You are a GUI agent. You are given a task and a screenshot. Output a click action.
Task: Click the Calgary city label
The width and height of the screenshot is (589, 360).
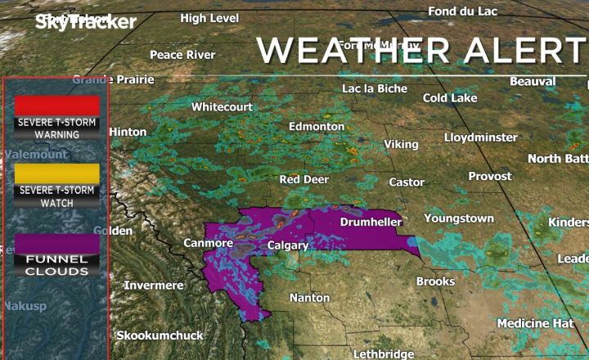(x=288, y=245)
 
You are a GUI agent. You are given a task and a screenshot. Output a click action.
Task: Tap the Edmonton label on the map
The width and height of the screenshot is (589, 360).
(x=317, y=127)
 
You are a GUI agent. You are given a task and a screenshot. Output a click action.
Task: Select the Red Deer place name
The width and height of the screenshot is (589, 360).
(x=304, y=179)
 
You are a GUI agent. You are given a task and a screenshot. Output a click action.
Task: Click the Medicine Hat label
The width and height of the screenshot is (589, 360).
(x=535, y=323)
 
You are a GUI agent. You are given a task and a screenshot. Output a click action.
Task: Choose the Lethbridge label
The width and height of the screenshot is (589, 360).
(x=384, y=353)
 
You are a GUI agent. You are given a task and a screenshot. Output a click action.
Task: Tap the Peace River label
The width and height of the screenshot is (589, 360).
(x=182, y=55)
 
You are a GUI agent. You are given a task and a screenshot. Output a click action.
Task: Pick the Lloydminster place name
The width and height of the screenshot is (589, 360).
(x=481, y=137)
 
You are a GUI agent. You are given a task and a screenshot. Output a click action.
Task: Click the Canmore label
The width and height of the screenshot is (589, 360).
(x=209, y=243)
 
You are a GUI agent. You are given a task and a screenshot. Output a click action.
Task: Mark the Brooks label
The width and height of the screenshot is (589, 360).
(x=435, y=281)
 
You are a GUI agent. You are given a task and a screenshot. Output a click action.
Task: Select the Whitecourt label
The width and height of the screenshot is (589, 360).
(x=223, y=107)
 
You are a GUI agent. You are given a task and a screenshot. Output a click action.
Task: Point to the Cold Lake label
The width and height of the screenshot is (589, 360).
(x=450, y=98)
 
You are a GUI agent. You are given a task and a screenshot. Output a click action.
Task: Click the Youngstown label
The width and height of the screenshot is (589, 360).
(x=459, y=218)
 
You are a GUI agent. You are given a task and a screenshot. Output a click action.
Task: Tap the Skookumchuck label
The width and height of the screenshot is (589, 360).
(x=160, y=335)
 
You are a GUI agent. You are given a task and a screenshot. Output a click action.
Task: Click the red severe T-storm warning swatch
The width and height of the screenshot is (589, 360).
(x=57, y=106)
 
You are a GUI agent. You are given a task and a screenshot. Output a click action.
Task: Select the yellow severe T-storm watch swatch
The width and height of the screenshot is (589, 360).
(x=57, y=173)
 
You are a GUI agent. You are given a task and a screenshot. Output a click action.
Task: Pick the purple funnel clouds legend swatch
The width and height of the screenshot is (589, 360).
(x=57, y=243)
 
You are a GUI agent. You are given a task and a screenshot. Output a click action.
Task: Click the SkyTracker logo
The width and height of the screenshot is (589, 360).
(x=85, y=22)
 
